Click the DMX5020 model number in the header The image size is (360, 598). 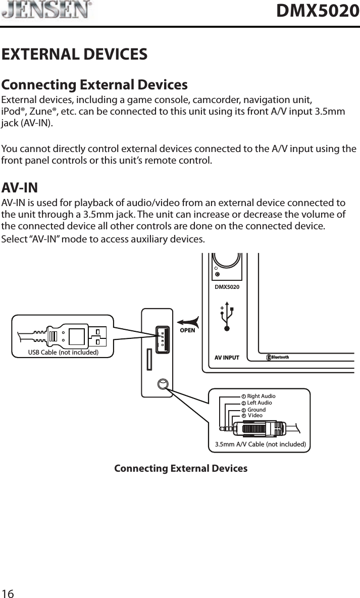pyautogui.click(x=318, y=11)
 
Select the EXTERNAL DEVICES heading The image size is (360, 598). pyautogui.click(x=75, y=54)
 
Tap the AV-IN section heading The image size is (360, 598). pyautogui.click(x=20, y=188)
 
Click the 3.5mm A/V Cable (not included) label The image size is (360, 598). pyautogui.click(x=260, y=444)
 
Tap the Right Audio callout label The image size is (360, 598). pyautogui.click(x=261, y=396)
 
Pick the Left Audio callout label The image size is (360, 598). pyautogui.click(x=259, y=403)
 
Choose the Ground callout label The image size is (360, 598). pyautogui.click(x=256, y=410)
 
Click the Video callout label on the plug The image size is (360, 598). pyautogui.click(x=255, y=415)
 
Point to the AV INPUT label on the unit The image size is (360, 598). pyautogui.click(x=227, y=358)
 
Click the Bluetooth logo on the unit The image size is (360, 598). pyautogui.click(x=278, y=358)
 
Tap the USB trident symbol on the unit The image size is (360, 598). pyautogui.click(x=226, y=317)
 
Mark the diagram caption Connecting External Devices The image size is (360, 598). pyautogui.click(x=181, y=468)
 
